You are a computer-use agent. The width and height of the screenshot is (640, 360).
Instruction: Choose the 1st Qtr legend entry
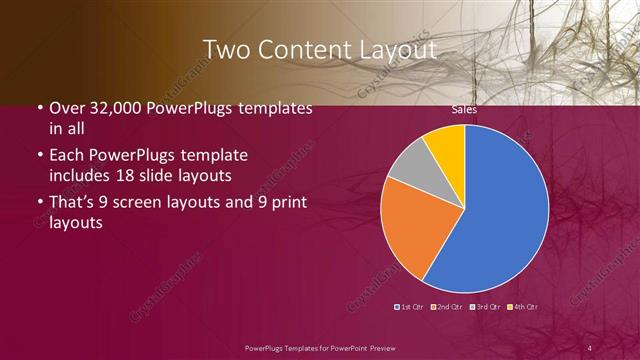410,306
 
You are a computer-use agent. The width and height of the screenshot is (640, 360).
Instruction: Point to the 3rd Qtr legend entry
487,306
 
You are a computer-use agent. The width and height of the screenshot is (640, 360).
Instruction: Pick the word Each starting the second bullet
66,156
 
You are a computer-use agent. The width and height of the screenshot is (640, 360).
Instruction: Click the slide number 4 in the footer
590,347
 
